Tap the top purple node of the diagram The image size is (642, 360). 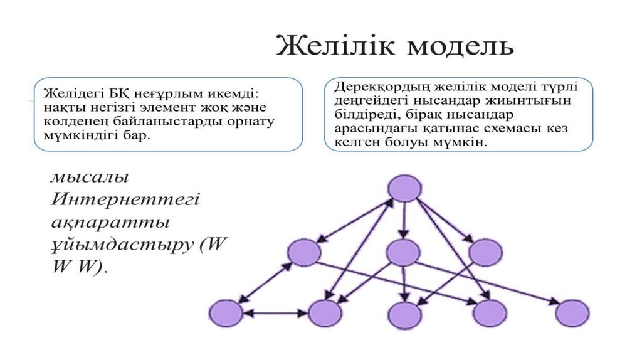[x=404, y=188]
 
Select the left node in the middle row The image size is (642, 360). [x=304, y=252]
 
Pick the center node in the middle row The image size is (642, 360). [x=403, y=252]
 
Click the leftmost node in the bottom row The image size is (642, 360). [x=226, y=313]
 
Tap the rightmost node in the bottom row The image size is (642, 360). [x=573, y=313]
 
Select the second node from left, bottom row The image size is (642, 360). [x=325, y=313]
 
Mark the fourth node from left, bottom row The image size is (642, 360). [x=489, y=313]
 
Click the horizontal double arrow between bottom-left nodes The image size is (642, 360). [x=275, y=313]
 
